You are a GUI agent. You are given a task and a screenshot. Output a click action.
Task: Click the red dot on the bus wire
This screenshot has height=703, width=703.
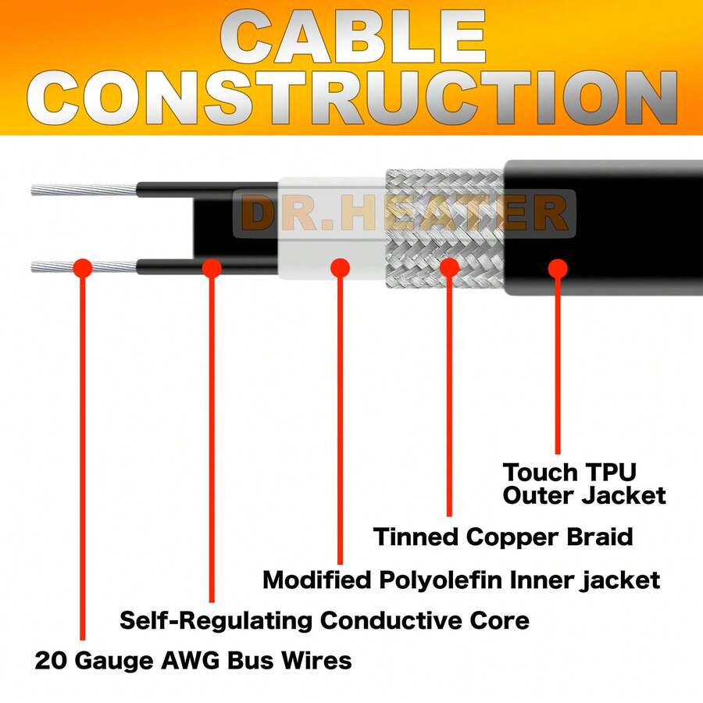[82, 268]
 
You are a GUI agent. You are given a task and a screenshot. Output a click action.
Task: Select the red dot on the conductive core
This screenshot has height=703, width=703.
[211, 268]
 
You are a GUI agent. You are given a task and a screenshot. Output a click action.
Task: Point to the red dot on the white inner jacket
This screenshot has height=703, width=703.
[339, 268]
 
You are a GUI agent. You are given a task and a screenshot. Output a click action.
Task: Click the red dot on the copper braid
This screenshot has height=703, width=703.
[449, 268]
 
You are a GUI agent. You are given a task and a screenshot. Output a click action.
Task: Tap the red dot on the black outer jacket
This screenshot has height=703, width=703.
[557, 268]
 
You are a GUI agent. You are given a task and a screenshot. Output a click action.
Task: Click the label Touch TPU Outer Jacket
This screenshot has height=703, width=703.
[583, 484]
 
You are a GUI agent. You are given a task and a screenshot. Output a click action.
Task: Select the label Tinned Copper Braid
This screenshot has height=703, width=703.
[502, 537]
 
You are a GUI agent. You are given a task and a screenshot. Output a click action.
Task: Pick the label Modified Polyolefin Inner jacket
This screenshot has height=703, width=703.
[461, 580]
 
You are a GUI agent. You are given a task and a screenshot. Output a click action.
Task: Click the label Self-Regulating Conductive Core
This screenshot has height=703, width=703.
[324, 621]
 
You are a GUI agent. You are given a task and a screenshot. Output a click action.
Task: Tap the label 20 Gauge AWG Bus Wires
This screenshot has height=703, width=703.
[193, 661]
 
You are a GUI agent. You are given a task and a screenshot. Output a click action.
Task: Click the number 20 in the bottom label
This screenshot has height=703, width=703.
[49, 661]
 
